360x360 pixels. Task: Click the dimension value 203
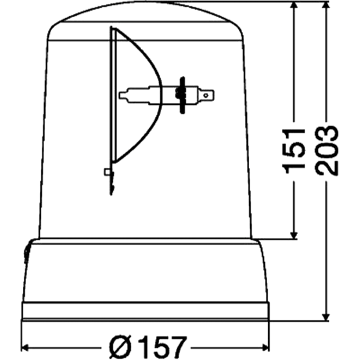point(327,150)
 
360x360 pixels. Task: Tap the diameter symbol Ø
point(120,346)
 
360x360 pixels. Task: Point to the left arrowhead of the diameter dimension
point(26,346)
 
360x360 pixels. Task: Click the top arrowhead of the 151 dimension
point(294,6)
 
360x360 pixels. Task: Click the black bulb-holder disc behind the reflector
point(181,95)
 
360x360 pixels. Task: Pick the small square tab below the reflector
point(107,171)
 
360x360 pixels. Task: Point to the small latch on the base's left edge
point(26,253)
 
